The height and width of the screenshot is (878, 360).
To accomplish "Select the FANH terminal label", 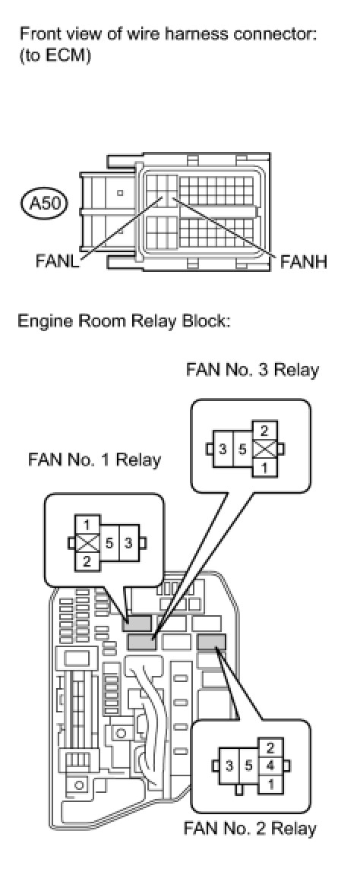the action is click(304, 261).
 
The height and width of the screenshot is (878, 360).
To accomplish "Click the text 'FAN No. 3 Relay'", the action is click(252, 370).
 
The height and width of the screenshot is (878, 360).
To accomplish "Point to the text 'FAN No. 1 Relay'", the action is click(95, 460).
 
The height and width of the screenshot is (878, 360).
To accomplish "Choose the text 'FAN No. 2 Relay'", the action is click(250, 828).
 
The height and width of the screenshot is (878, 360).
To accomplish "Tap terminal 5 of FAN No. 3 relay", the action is click(242, 449).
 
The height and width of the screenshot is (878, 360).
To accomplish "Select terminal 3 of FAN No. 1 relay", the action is click(128, 542).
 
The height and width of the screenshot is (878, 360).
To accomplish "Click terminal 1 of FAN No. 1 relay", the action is click(87, 525).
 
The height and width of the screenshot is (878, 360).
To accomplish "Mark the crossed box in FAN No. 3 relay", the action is click(265, 449).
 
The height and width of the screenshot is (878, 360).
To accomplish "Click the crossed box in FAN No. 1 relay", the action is click(87, 542).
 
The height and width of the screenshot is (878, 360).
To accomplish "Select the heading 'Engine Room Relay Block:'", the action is click(124, 322).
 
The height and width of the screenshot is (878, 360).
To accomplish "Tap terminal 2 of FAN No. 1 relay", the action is click(87, 561).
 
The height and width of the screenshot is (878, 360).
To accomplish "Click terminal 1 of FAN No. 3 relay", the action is click(265, 468).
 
